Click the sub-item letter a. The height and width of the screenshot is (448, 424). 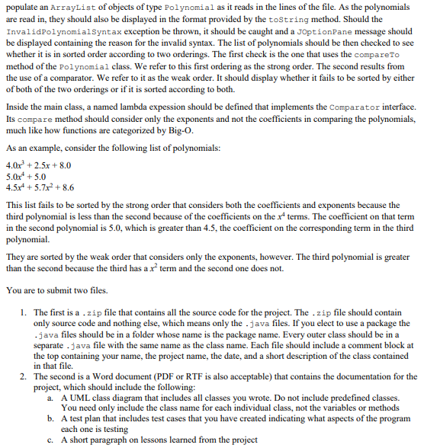click(50, 398)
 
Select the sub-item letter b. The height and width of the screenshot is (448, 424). click(50, 419)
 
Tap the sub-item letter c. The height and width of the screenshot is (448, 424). click(50, 440)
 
